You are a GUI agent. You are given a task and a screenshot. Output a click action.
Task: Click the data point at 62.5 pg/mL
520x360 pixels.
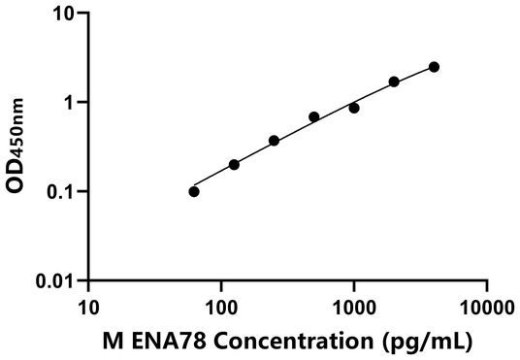[194, 191]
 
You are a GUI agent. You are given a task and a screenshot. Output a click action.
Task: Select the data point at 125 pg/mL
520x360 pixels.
[234, 165]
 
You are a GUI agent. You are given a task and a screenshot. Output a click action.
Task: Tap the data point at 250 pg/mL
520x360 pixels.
[274, 141]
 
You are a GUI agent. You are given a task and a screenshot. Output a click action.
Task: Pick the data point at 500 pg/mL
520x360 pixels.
[314, 116]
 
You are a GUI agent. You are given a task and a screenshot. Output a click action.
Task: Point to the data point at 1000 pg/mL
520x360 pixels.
[354, 108]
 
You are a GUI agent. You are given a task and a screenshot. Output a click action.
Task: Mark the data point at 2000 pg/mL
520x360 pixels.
[394, 82]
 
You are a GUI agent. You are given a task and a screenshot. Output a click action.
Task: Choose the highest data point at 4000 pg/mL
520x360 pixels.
[434, 67]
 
